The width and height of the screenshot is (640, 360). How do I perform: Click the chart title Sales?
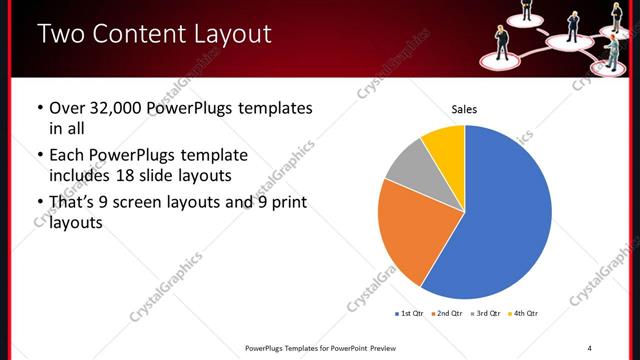point(464,109)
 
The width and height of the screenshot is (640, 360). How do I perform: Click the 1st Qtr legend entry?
point(411,314)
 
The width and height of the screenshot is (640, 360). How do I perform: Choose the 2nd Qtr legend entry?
point(447,314)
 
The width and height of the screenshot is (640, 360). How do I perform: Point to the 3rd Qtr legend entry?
point(485,314)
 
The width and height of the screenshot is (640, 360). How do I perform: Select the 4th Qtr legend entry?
point(523,314)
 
